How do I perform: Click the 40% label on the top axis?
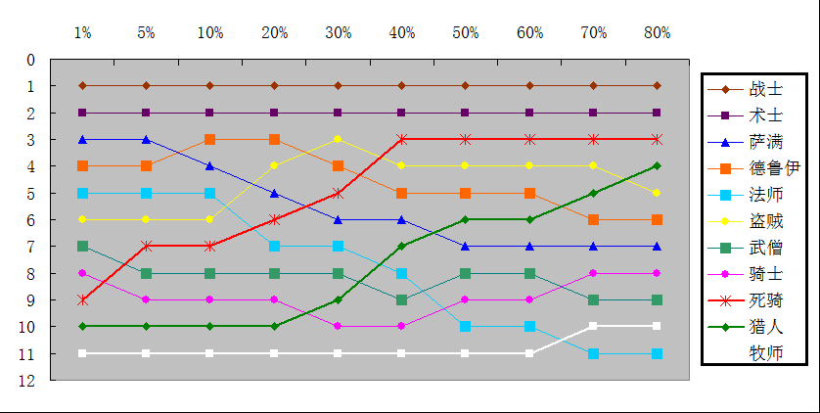pos(402,32)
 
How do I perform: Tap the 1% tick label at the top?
pos(83,32)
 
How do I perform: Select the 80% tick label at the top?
pos(658,32)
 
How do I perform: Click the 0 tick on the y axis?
pos(31,60)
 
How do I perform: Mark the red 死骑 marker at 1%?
pos(83,299)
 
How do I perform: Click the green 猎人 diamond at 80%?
pos(658,166)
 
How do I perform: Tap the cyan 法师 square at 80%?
pos(658,353)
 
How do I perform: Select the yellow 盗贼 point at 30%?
pos(339,139)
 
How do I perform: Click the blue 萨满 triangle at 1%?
pos(83,139)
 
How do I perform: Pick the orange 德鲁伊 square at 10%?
pos(210,139)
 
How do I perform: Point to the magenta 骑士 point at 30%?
pos(339,326)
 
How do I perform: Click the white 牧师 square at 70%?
pos(594,326)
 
